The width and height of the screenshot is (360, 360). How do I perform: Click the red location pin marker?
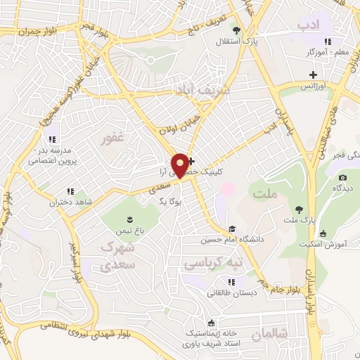click(x=181, y=165)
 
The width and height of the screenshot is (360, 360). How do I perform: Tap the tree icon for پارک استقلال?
click(x=236, y=30)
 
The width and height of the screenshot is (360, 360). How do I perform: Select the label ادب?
click(x=308, y=26)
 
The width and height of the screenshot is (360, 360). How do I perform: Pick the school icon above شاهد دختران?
click(x=70, y=191)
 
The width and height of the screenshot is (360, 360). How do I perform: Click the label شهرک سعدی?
click(x=117, y=257)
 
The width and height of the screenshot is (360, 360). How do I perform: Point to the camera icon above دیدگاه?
click(x=343, y=177)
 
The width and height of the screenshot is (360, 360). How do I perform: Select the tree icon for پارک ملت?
click(x=300, y=210)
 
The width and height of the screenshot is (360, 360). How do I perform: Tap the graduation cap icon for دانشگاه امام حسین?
click(x=231, y=229)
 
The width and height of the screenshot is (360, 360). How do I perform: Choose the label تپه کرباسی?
click(x=212, y=262)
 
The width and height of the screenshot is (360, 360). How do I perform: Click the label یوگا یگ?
click(x=172, y=201)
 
